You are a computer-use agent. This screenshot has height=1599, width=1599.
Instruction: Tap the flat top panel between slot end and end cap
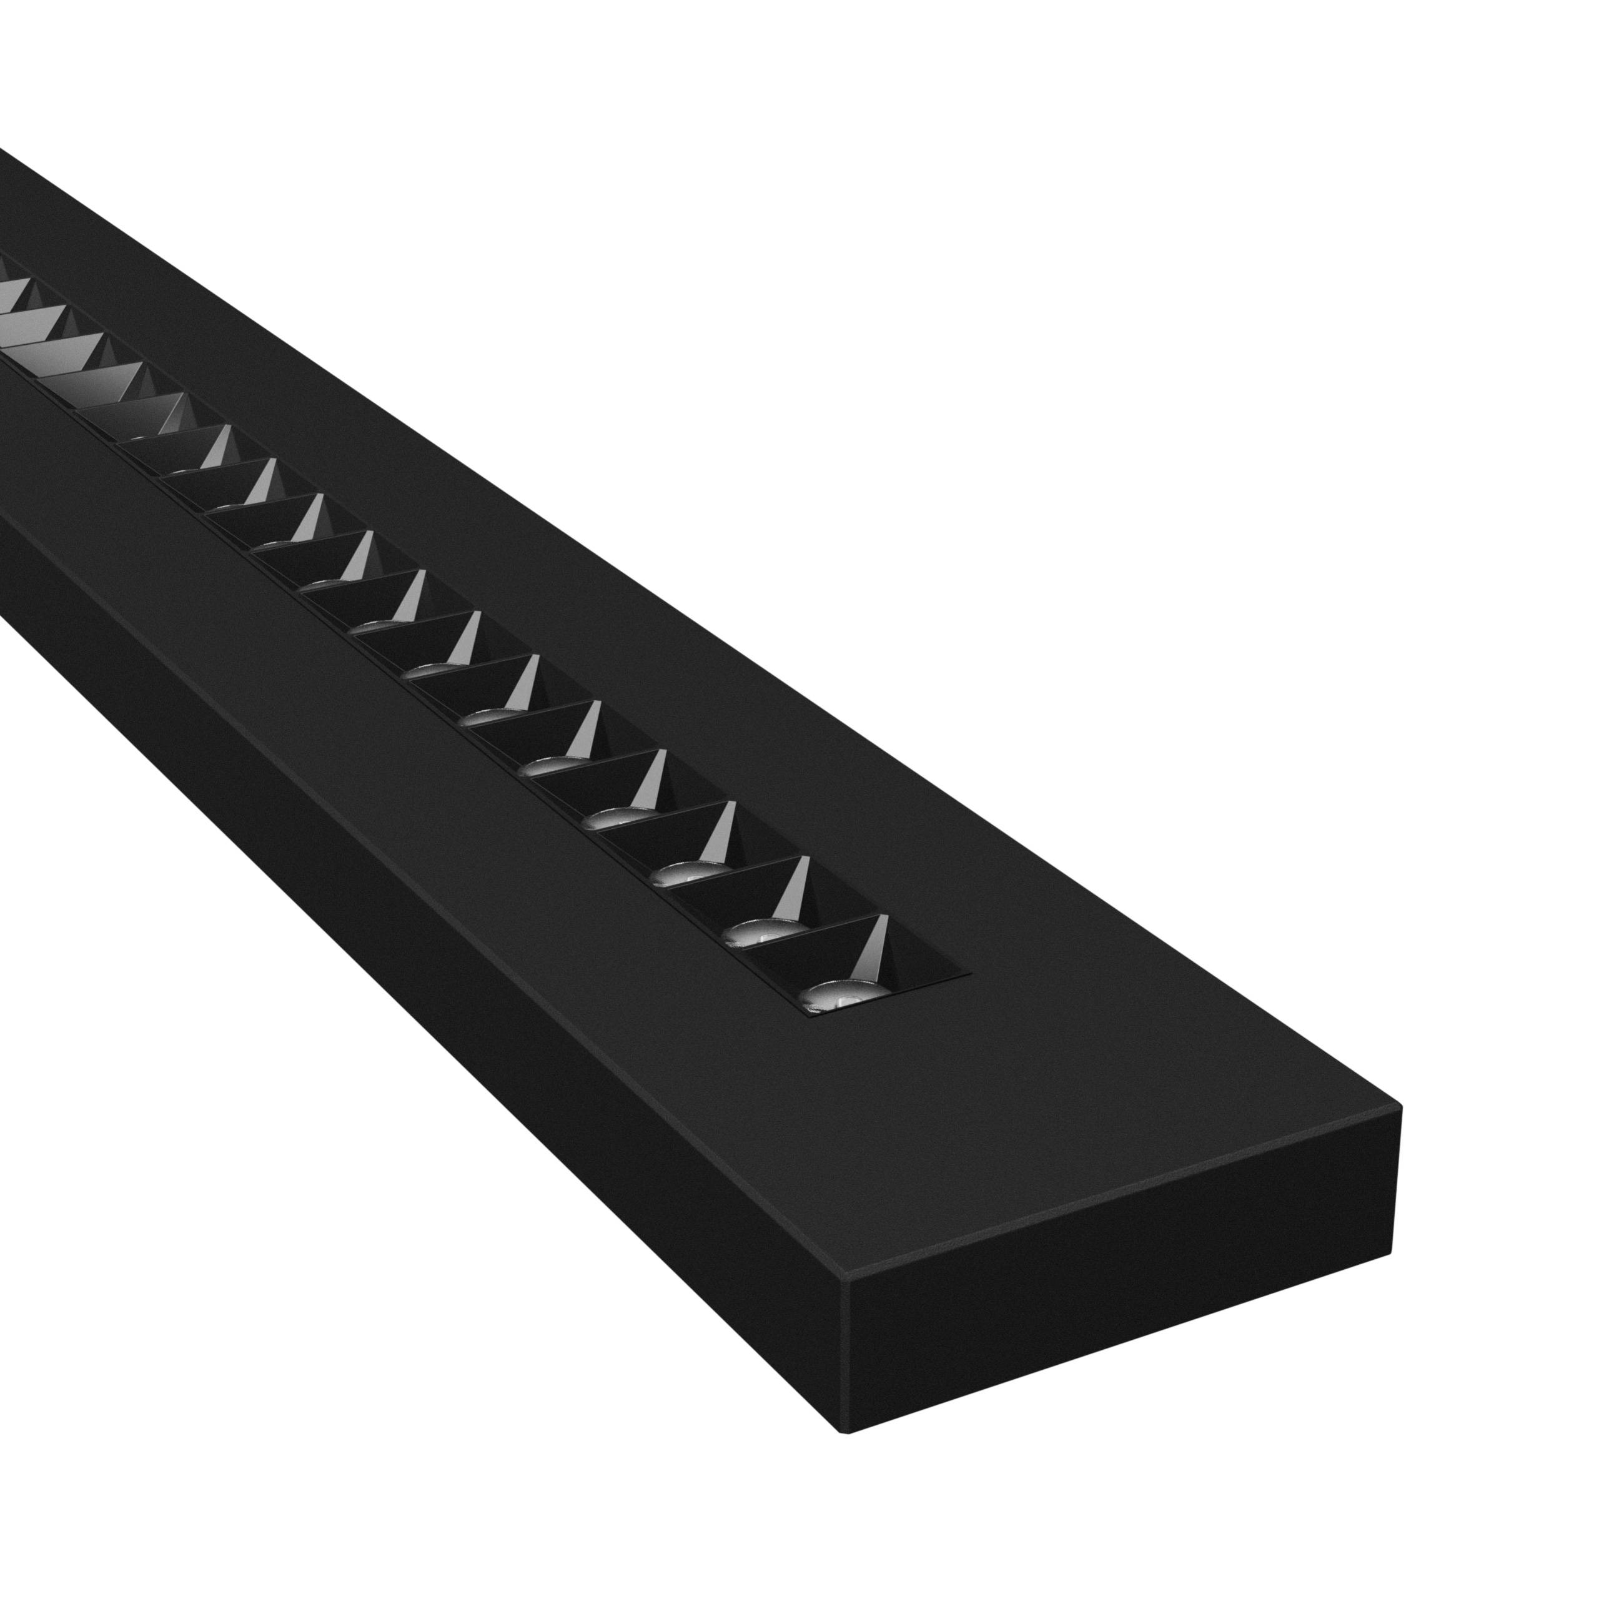pyautogui.click(x=1076, y=1117)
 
